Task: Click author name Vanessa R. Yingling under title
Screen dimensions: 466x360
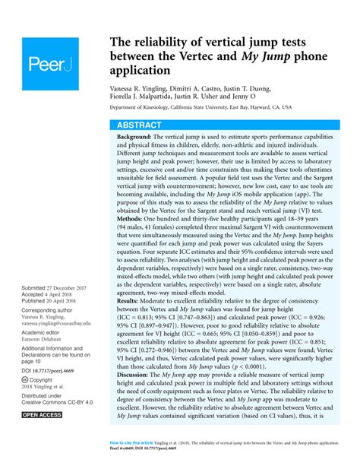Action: click(x=144, y=89)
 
